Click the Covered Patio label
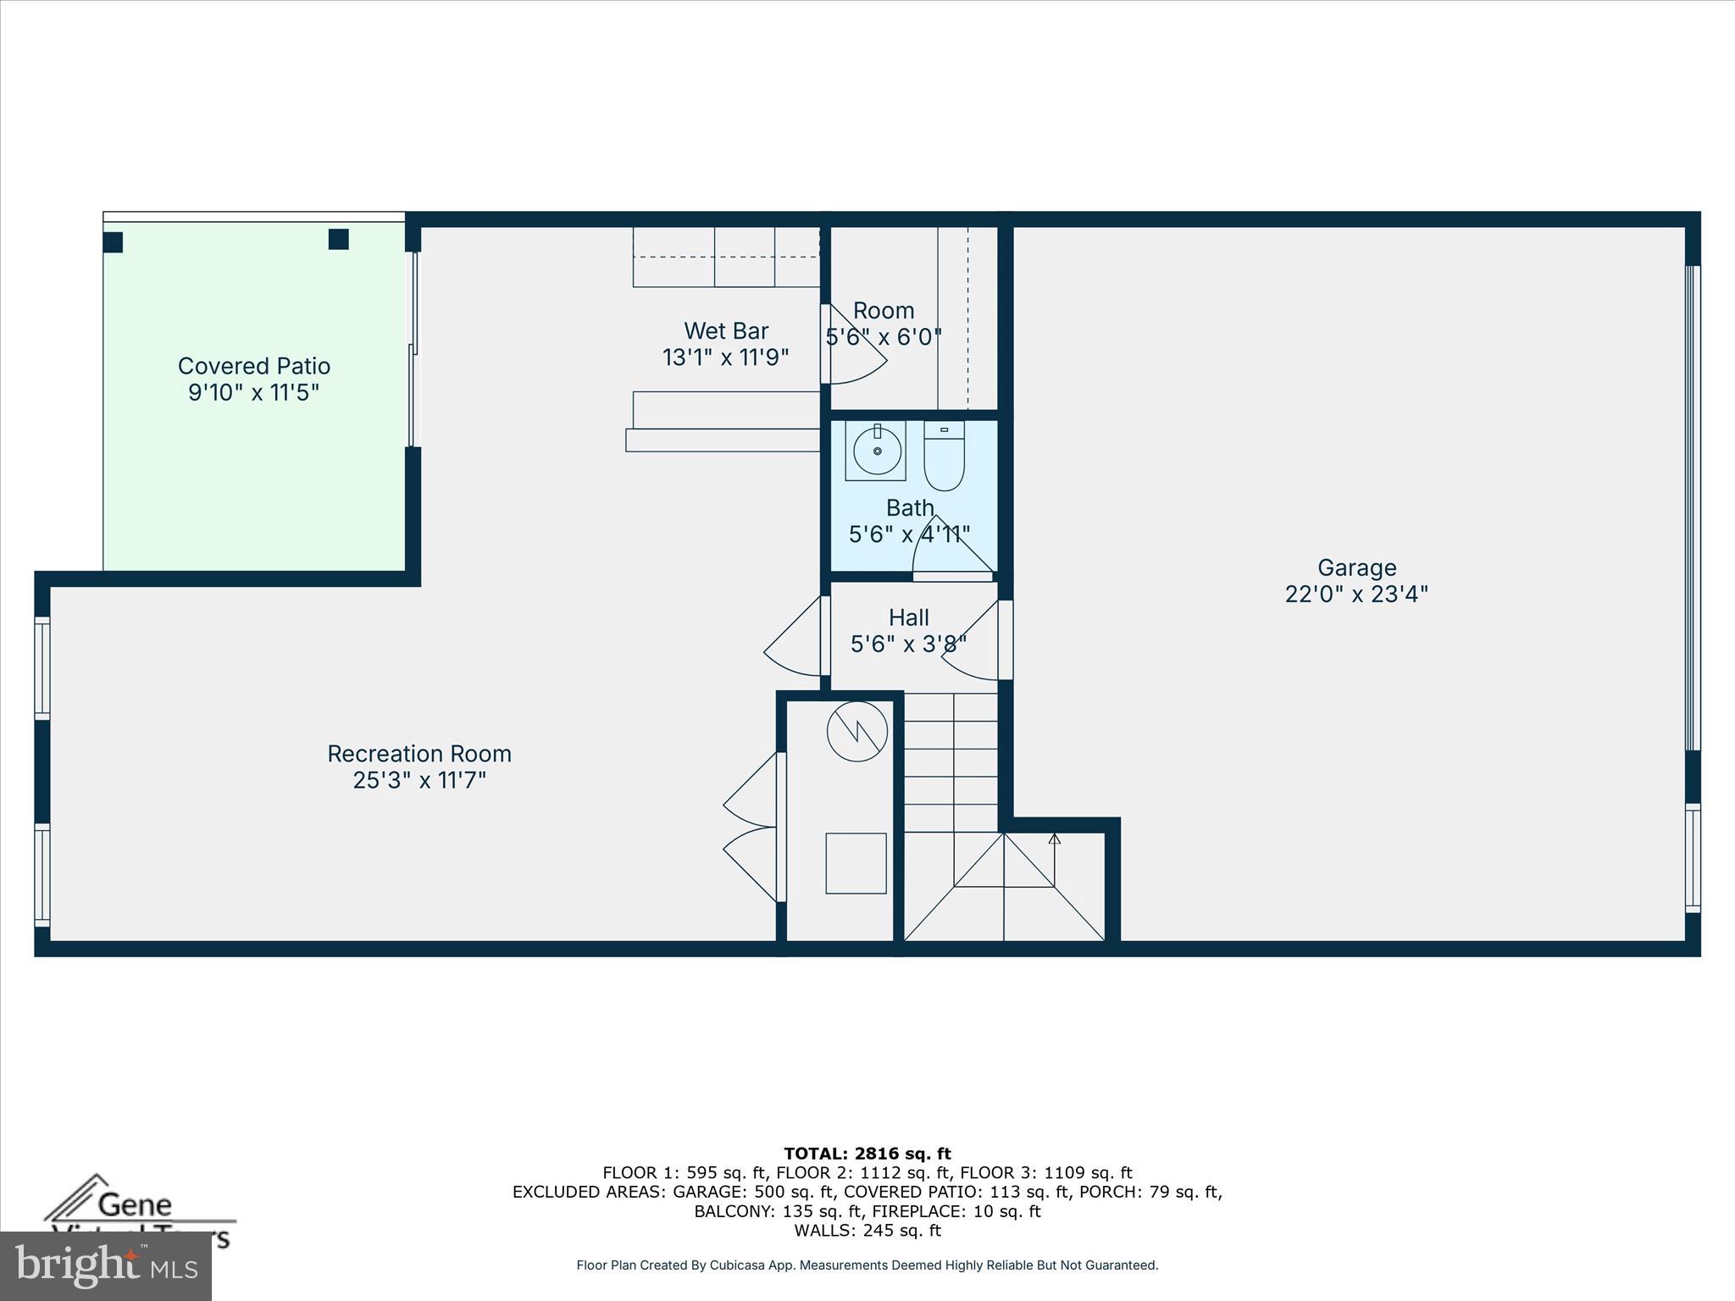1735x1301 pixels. pos(253,366)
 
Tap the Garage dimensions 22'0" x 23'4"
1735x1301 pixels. pos(1356,595)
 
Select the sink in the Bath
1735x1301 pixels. pos(876,451)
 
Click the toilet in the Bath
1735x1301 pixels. pos(944,457)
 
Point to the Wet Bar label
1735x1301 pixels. pos(726,330)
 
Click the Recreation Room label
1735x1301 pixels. pos(419,754)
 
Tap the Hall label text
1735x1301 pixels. pos(909,617)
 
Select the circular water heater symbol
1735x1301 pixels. pos(856,731)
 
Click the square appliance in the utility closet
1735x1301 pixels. pos(856,863)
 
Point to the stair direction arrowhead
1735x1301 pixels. pos(1054,839)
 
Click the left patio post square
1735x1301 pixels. pos(113,242)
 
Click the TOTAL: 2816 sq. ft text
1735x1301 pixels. pos(867,1154)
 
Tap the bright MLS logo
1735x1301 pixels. pos(106,1265)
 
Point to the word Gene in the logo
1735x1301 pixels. pos(134,1204)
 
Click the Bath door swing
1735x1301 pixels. pos(951,549)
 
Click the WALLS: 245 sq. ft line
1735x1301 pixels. pos(867,1231)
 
